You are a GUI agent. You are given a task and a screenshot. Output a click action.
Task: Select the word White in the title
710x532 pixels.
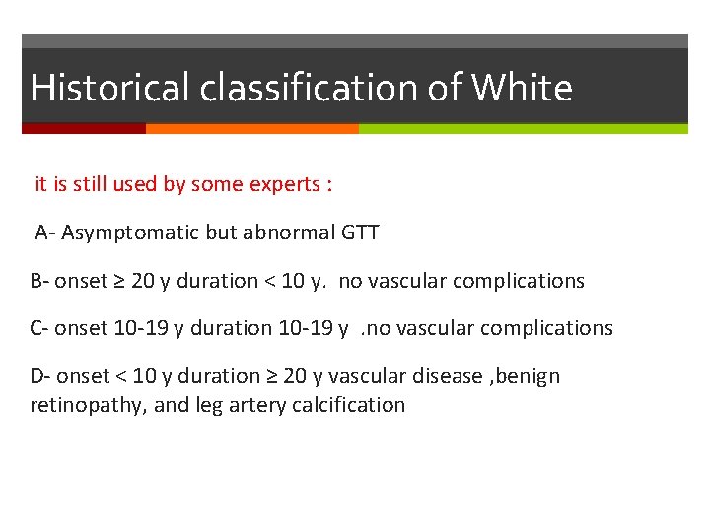522,89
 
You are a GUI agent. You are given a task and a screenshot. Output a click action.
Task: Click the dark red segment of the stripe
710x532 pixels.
83,128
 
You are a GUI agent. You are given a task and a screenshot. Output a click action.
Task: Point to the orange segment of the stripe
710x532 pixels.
251,128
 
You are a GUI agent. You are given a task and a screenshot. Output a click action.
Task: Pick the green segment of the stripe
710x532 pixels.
523,128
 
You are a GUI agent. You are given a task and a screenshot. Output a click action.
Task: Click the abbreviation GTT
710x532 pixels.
360,233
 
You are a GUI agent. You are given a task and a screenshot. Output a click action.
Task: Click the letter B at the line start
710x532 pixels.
36,281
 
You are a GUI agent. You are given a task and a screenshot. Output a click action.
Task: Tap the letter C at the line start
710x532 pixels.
36,328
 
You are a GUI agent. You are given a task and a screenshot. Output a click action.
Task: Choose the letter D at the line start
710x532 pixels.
37,376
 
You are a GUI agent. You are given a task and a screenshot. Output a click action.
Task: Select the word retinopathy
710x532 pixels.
85,405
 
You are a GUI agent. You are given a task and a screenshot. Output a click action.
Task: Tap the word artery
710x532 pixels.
254,405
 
